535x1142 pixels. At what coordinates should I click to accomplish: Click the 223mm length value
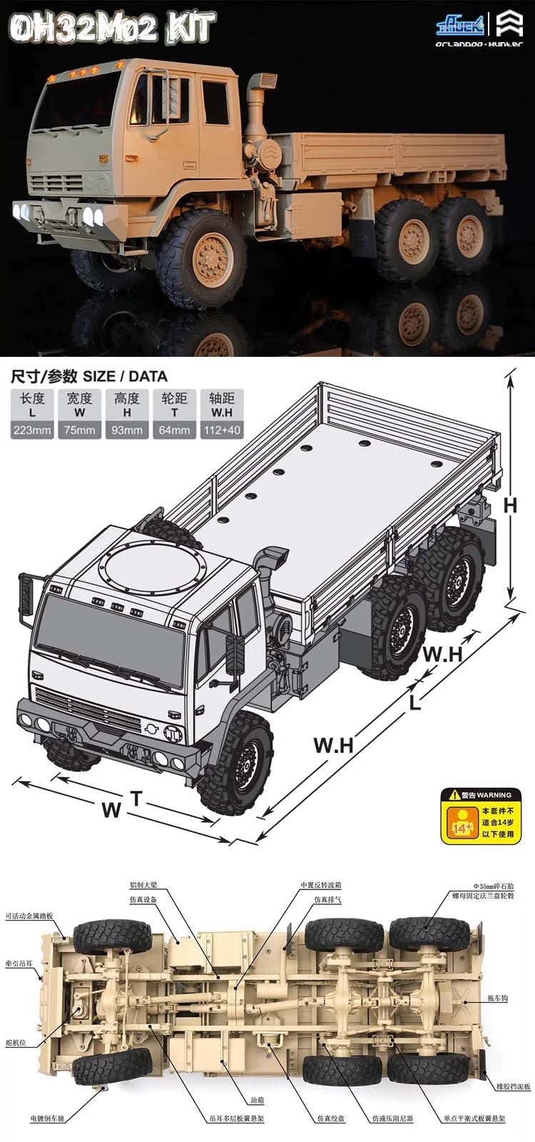click(32, 430)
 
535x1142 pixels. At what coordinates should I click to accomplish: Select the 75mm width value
click(79, 430)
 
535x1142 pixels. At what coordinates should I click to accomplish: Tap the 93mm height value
click(127, 430)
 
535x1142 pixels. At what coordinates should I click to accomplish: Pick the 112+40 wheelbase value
click(222, 430)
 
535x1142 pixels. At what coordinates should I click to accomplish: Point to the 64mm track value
click(174, 430)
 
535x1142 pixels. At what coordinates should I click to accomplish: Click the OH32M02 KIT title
click(112, 29)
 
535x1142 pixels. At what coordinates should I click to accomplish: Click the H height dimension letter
click(509, 505)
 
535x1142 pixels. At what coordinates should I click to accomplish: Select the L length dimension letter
click(414, 702)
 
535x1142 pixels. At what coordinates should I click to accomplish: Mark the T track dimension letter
click(136, 799)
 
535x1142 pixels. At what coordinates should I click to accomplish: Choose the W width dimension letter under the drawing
click(111, 810)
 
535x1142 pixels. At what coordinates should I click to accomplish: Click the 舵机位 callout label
click(16, 1043)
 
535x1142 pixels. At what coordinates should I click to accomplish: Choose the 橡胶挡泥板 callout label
click(513, 1087)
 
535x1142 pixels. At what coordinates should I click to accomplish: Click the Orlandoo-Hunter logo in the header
click(479, 32)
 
